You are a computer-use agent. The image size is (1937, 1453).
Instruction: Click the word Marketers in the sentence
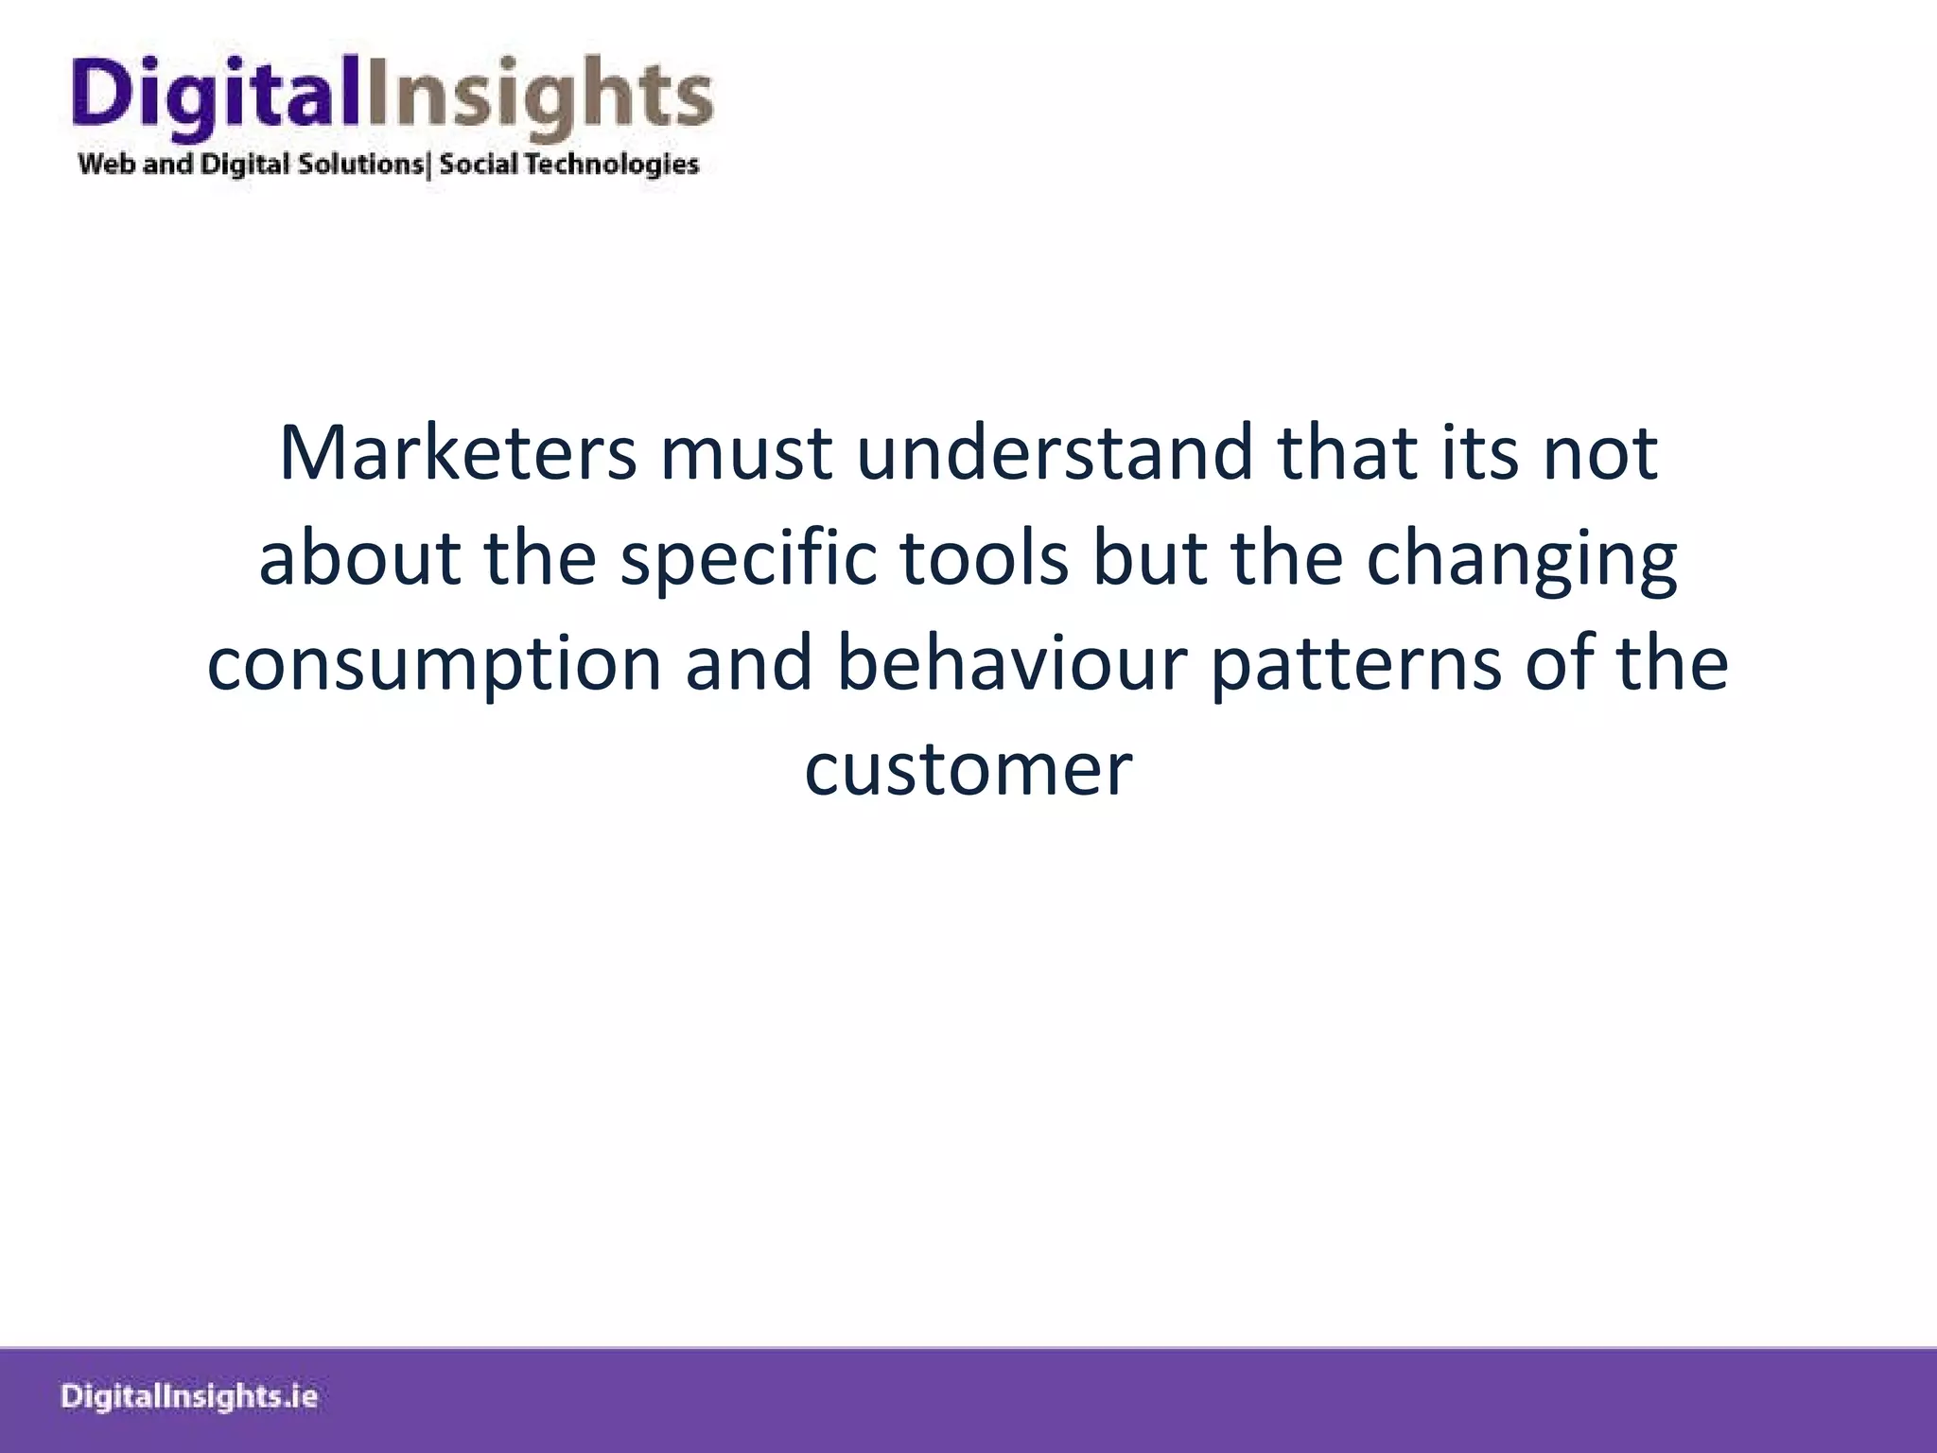[458, 453]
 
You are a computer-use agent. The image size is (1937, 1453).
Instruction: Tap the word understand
[1056, 453]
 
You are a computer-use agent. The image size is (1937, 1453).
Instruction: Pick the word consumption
[434, 664]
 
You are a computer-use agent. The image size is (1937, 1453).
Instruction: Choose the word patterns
[1355, 663]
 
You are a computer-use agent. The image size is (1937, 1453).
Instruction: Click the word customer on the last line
[968, 768]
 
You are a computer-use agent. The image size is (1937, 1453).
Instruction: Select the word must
[747, 453]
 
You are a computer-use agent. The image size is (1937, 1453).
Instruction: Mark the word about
[359, 558]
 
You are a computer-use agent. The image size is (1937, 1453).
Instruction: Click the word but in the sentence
[1150, 558]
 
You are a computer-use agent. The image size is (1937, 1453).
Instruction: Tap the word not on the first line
[1600, 453]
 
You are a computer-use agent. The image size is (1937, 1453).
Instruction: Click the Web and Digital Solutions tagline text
[252, 165]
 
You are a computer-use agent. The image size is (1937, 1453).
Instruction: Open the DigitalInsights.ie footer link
[189, 1396]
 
